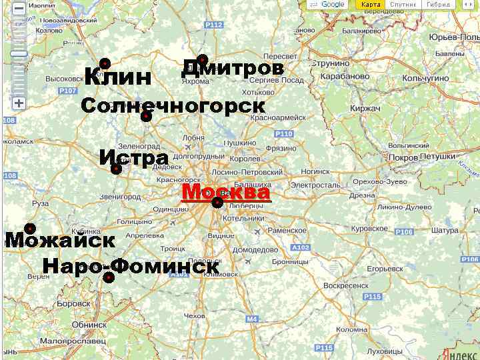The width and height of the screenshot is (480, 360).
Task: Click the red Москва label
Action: pos(226,192)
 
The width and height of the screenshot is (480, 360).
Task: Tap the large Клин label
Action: pos(118,77)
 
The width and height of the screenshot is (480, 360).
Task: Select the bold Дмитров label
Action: pos(233,68)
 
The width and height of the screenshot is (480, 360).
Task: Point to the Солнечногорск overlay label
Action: pos(173,106)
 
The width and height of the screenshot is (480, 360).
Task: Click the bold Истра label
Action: pos(133,158)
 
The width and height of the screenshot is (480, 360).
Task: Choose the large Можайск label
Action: pos(60,240)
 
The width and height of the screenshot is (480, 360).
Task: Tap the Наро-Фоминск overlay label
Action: pos(131,266)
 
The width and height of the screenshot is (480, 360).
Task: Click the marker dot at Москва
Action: pos(217,203)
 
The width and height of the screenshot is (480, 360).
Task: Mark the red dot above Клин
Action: pos(105,63)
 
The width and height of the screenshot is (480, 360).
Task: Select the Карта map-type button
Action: pos(371,5)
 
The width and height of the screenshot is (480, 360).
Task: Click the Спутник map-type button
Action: pos(403,5)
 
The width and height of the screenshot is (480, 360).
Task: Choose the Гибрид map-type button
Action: pos(438,5)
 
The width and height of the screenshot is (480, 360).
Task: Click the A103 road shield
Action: pos(301,248)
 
